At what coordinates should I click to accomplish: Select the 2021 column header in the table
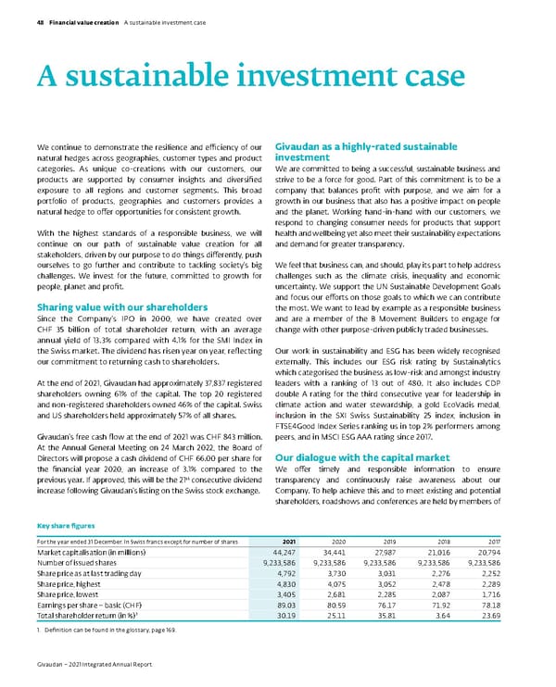(289, 540)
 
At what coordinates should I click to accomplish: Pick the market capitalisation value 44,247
(284, 552)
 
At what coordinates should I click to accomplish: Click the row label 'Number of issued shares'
(73, 563)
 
